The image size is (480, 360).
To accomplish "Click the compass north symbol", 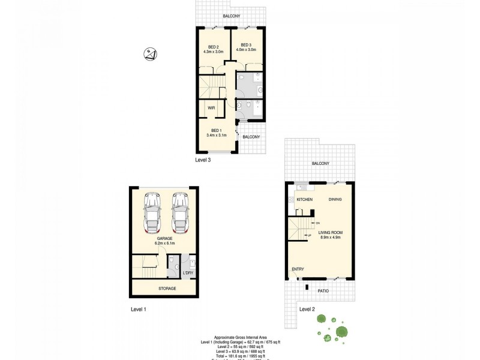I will pyautogui.click(x=151, y=55).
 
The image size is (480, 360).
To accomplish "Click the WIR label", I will pyautogui.click(x=211, y=108).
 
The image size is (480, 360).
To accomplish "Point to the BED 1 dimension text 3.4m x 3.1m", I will pyautogui.click(x=215, y=136).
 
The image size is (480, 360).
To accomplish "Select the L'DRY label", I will pyautogui.click(x=188, y=274).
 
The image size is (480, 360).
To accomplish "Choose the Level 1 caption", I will pyautogui.click(x=139, y=309).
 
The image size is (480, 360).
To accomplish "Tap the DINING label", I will pyautogui.click(x=335, y=199).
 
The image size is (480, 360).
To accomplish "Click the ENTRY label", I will pyautogui.click(x=298, y=269).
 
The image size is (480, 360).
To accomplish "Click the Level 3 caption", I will pyautogui.click(x=202, y=160).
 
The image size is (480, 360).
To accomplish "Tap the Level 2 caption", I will pyautogui.click(x=307, y=309).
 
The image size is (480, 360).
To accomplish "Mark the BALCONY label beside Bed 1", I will pyautogui.click(x=251, y=137).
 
